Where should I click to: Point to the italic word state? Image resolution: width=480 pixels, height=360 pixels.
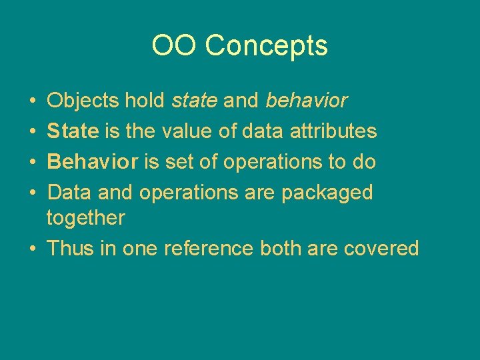[195, 101]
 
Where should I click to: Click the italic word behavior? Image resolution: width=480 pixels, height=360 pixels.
[307, 101]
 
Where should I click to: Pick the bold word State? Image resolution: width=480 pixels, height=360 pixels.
[73, 131]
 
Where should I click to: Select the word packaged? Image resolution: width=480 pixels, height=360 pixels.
[327, 193]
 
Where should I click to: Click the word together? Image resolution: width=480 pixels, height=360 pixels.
[85, 218]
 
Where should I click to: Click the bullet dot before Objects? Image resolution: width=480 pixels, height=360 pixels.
[33, 101]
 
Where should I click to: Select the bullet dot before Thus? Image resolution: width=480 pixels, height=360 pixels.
[33, 249]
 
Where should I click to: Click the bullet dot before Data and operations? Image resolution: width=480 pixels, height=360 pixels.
[33, 193]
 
